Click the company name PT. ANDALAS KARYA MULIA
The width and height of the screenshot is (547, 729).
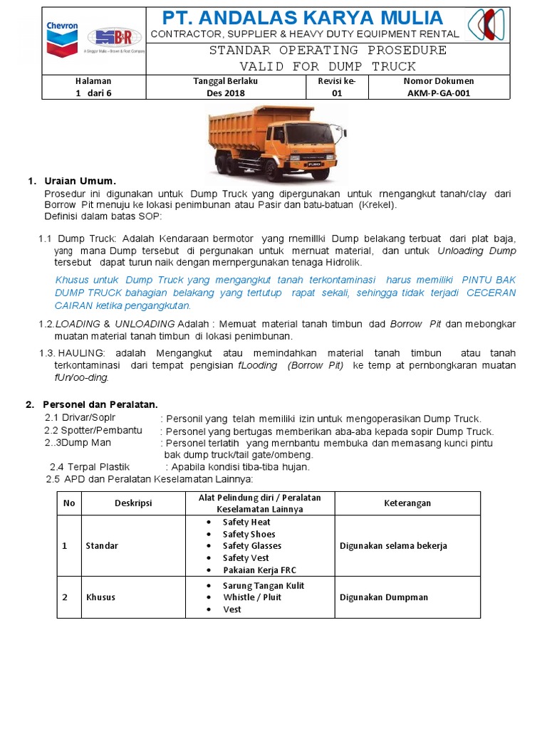[x=303, y=18]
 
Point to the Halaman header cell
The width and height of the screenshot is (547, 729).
[x=93, y=81]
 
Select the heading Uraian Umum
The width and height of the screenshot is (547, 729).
[x=80, y=181]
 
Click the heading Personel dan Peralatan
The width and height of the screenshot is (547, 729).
[x=100, y=404]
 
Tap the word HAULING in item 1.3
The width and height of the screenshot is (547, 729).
[x=81, y=353]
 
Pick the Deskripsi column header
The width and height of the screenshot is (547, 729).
[x=133, y=503]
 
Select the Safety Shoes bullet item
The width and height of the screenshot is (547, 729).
[x=249, y=534]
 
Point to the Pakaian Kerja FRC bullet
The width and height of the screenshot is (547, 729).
[x=259, y=570]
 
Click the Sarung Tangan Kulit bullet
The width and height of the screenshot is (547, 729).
[x=264, y=585]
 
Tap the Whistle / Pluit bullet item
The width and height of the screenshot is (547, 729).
[x=252, y=597]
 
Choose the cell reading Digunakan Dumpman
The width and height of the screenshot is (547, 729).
[x=384, y=597]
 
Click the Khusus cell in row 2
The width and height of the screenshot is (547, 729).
[x=100, y=597]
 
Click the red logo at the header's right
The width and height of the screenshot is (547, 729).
[x=486, y=25]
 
